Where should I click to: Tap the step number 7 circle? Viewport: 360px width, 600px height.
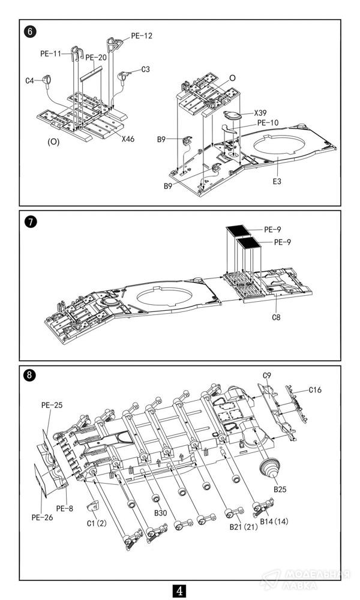click(x=30, y=222)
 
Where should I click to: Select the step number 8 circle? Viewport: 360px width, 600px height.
click(x=30, y=376)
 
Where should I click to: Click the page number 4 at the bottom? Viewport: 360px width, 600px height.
click(x=180, y=590)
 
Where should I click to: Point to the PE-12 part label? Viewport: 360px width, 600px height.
click(x=142, y=36)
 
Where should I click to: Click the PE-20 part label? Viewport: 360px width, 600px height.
click(x=96, y=58)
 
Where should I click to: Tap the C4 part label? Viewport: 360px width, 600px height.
click(x=30, y=80)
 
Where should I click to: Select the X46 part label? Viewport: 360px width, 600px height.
click(x=128, y=139)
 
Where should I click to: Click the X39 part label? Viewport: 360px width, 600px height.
click(x=260, y=113)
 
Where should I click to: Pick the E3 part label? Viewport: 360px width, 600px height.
click(x=277, y=181)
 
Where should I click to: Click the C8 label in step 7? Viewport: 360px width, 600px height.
click(x=276, y=317)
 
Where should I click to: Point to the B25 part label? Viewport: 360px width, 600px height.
click(x=280, y=490)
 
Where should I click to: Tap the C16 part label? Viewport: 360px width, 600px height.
click(x=315, y=391)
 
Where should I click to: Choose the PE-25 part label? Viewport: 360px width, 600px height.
click(x=52, y=405)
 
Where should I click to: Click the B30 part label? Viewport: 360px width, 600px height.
click(x=161, y=513)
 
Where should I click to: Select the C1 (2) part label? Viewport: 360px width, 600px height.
click(x=96, y=523)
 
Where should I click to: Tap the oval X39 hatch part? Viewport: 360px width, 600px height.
click(x=232, y=115)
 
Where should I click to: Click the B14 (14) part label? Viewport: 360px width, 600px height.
click(x=274, y=521)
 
